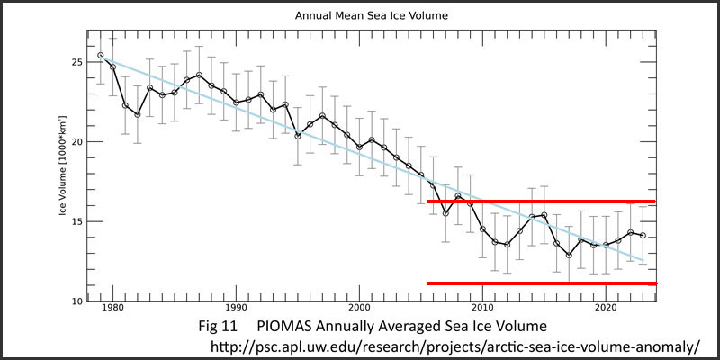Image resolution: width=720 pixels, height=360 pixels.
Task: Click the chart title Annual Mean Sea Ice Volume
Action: point(359,15)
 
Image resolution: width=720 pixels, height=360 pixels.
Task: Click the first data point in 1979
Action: point(101,56)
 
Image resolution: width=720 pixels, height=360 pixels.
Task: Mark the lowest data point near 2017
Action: point(569,255)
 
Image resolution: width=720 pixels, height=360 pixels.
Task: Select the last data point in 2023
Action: point(643,236)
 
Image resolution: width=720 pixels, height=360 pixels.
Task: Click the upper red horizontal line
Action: point(540,202)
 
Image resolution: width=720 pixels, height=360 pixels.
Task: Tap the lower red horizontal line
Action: point(540,283)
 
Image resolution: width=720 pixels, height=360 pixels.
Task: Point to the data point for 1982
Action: point(138,114)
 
